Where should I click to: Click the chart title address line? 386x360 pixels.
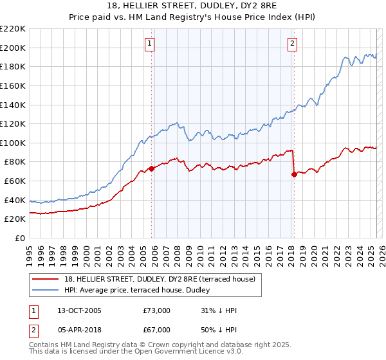193,6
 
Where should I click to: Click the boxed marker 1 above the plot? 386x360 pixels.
149,44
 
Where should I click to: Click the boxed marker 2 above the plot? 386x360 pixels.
292,44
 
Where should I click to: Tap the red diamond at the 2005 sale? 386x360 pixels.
152,168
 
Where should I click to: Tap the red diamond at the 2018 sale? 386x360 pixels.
294,174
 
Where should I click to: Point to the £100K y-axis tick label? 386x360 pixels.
13,143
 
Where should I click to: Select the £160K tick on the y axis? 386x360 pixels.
13,85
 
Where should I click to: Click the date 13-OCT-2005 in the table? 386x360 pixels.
79,310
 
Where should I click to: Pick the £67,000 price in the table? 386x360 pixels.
156,331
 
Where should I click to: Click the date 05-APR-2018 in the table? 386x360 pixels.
79,331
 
